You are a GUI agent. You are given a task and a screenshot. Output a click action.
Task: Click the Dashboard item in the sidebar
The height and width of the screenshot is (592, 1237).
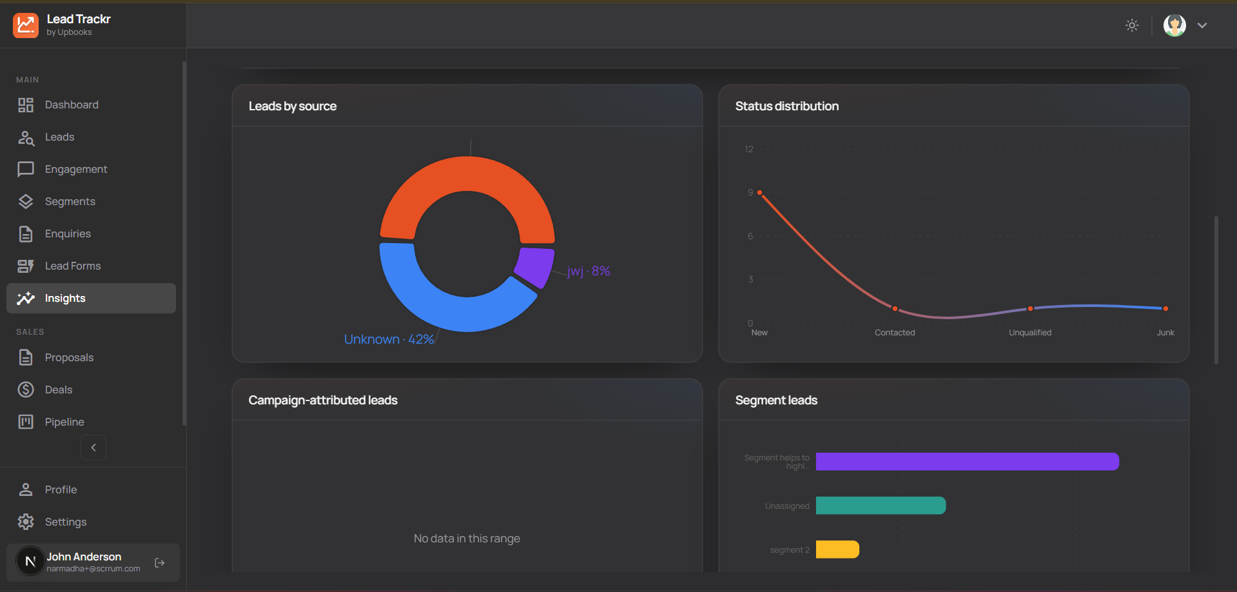[71, 104]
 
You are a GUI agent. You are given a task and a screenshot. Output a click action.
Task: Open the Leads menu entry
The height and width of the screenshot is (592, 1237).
[59, 137]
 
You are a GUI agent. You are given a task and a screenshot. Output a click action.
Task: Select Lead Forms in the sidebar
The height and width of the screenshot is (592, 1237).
[72, 266]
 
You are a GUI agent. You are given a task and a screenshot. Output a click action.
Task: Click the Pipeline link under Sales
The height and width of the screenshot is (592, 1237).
[64, 422]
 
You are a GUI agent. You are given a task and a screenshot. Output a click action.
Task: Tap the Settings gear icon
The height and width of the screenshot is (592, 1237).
[26, 522]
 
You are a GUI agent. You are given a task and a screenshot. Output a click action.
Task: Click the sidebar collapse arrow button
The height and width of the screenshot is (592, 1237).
[93, 448]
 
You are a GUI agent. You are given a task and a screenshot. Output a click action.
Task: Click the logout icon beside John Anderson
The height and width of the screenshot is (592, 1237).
[160, 563]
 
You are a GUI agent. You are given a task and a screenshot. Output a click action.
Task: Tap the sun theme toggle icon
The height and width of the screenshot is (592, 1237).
[1132, 25]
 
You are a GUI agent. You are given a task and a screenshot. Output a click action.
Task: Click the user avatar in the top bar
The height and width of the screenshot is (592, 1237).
[1174, 25]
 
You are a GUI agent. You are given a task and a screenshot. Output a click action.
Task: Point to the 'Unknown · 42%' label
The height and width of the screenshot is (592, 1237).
[389, 339]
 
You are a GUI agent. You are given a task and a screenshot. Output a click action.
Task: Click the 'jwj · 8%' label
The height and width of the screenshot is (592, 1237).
[589, 271]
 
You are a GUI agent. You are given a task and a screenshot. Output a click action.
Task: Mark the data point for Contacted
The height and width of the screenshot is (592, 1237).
[895, 308]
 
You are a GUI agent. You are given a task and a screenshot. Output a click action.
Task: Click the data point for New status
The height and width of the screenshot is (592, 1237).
[760, 193]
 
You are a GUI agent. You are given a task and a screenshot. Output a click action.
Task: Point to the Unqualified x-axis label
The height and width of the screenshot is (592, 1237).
[1029, 333]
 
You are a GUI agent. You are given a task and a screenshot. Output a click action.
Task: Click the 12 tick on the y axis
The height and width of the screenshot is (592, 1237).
[748, 149]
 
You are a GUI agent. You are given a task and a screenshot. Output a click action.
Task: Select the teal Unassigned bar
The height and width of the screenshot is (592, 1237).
[881, 506]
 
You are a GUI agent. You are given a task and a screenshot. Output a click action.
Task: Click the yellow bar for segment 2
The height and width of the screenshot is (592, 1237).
[837, 549]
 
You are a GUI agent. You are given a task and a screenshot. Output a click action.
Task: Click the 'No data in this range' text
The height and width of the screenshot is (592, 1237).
[467, 538]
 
